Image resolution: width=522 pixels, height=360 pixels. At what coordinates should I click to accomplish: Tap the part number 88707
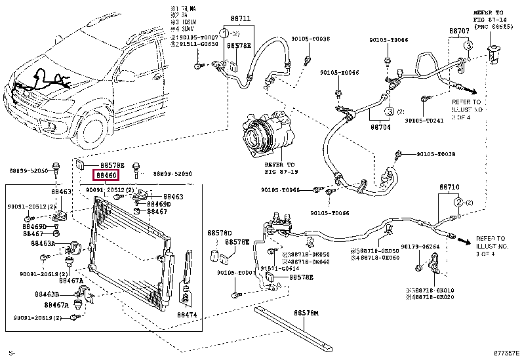458,31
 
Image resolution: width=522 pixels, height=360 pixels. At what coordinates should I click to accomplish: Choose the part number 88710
450,188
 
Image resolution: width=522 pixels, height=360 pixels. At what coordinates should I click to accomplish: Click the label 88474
188,315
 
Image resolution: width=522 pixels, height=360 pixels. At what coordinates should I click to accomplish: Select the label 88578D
220,233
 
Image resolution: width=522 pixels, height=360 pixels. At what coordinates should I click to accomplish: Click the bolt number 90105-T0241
424,120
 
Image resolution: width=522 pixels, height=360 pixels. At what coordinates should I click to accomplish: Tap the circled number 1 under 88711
224,33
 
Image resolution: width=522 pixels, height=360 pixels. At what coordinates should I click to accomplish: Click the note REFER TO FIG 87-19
280,169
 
